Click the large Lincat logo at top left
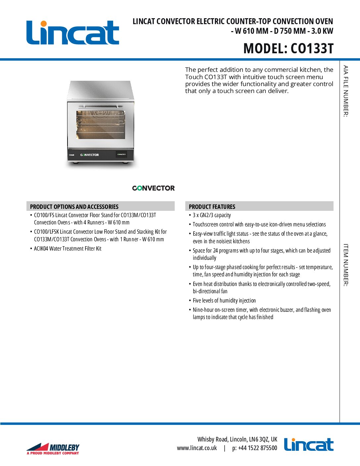pos(73,33)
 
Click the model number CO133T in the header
pos(312,48)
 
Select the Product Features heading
pos(212,207)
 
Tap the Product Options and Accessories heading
pos(74,207)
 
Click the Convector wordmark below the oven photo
pos(153,188)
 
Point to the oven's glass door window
pos(101,125)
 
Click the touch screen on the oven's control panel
pos(121,154)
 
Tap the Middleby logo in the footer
pos(53,448)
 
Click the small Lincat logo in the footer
pos(308,445)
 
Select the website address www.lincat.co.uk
pos(197,448)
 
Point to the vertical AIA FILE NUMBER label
pos(345,91)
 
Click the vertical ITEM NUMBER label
pos(345,265)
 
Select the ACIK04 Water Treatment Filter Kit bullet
pos(67,249)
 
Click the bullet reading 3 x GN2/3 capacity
pos(212,215)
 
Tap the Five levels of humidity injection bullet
pos(224,301)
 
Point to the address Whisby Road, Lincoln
pos(237,439)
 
